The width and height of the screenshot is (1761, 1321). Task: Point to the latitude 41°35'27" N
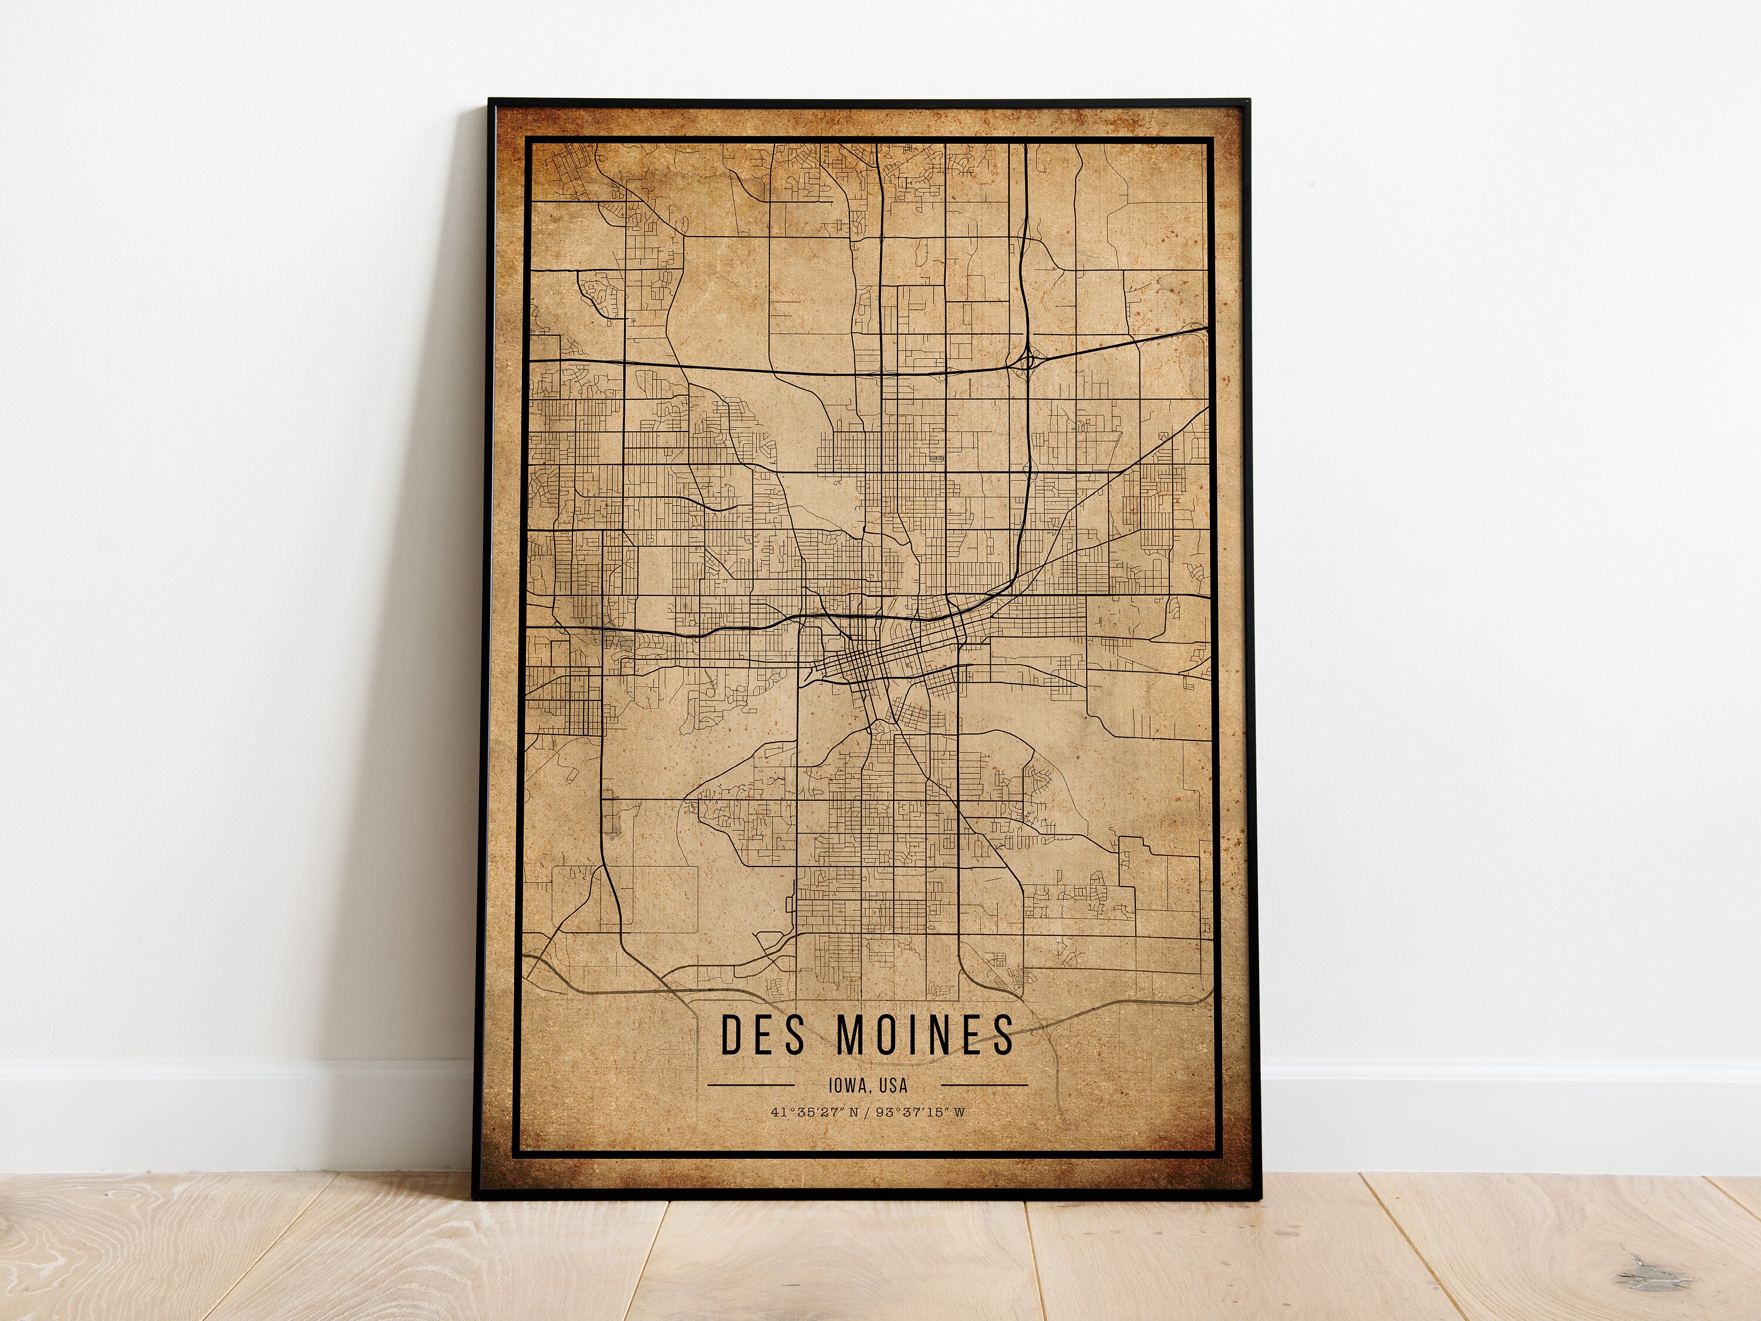pos(814,1113)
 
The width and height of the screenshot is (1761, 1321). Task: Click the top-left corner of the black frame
pos(490,101)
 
